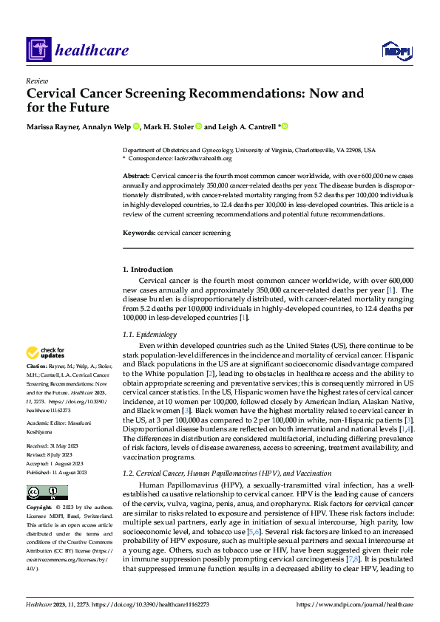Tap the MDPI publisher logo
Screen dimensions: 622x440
click(x=396, y=50)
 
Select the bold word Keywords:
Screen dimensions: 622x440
click(x=139, y=233)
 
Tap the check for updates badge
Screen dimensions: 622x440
click(x=46, y=353)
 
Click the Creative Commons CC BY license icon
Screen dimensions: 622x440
click(x=47, y=492)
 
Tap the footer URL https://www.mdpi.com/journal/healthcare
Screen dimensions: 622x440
click(x=354, y=604)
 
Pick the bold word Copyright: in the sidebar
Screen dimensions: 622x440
click(x=38, y=507)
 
